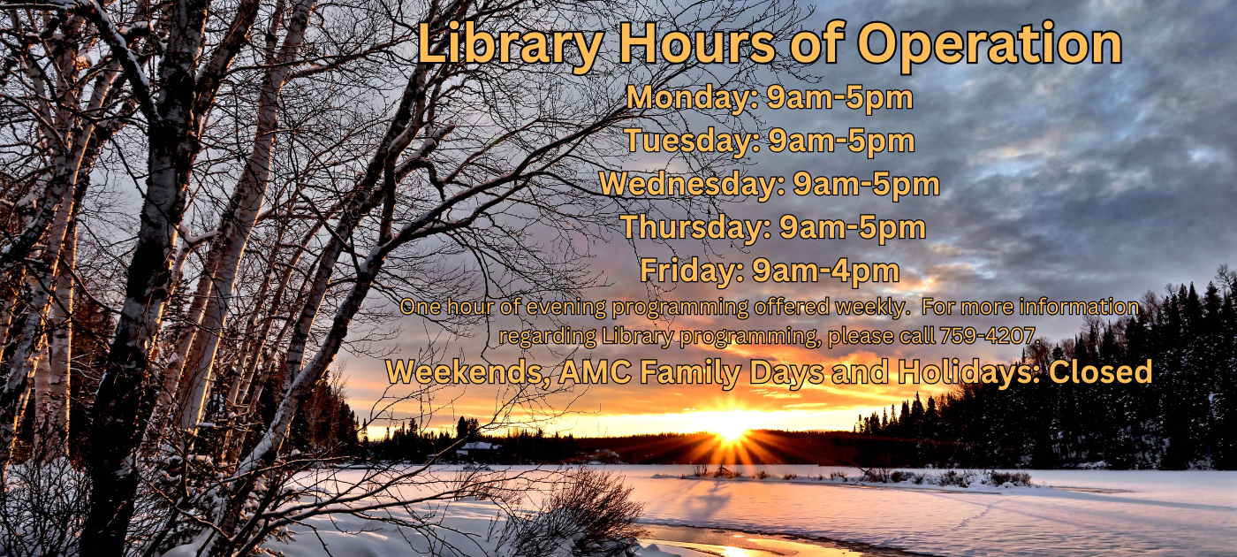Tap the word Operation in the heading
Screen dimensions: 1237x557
pos(990,45)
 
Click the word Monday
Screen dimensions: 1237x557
pos(693,98)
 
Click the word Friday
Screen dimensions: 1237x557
pos(692,271)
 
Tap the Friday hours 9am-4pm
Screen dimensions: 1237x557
pos(825,271)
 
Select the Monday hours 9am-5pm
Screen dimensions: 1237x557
pos(839,98)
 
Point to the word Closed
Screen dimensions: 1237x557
pos(1101,371)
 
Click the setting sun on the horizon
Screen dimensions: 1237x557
pos(730,431)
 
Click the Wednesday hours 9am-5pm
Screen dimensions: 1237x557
pos(867,185)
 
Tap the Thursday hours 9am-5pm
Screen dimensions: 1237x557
pos(853,228)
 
